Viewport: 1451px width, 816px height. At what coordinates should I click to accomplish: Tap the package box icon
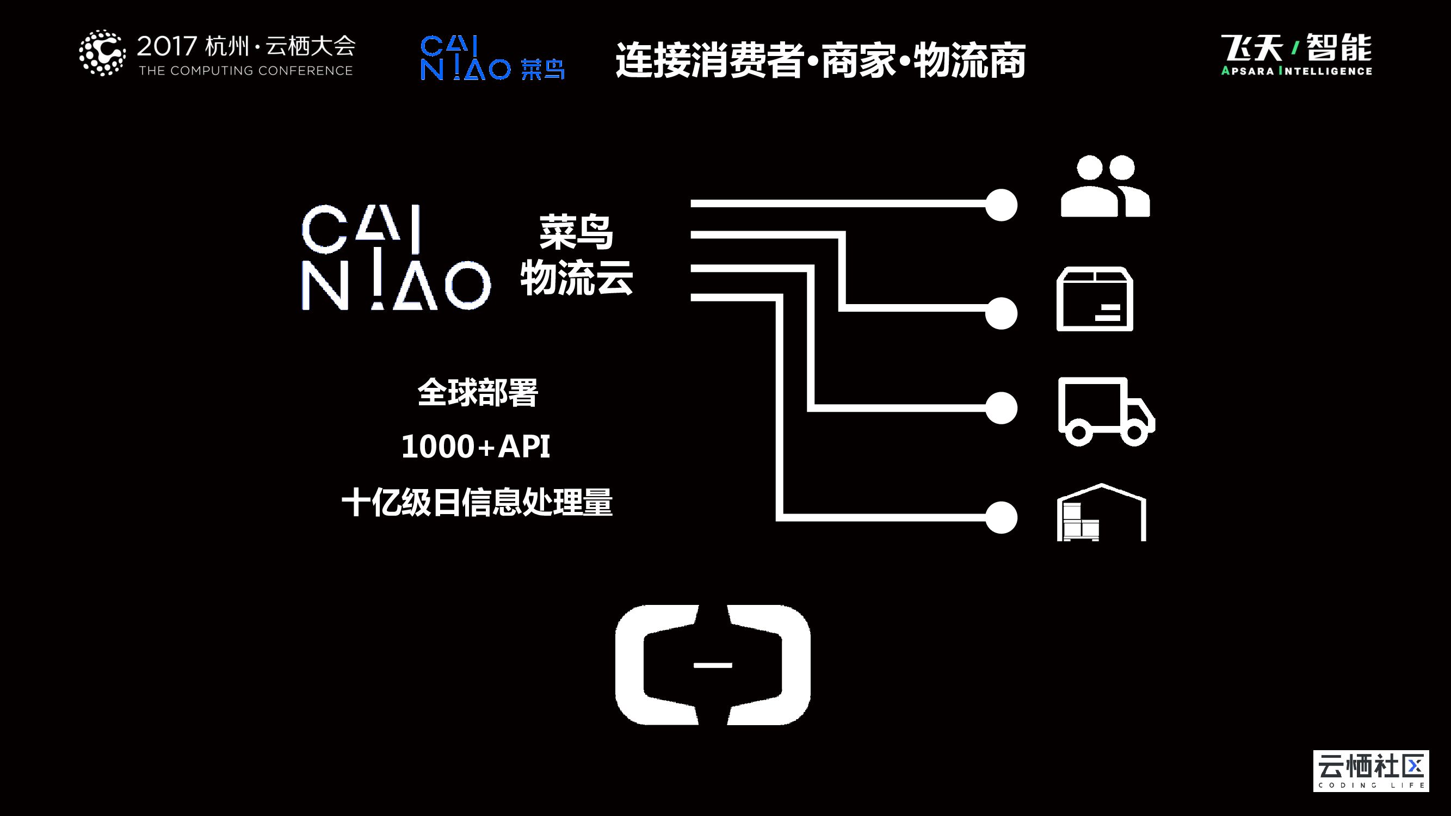click(x=1095, y=300)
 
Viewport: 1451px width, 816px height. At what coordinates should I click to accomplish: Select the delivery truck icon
click(x=1106, y=411)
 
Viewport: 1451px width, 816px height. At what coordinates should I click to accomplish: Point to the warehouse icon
click(x=1101, y=513)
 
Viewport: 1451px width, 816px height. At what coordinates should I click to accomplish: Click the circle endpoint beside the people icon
click(x=1001, y=205)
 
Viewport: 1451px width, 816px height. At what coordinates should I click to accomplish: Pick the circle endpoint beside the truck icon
click(x=1001, y=407)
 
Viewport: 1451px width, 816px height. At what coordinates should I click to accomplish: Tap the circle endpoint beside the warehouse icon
click(x=1001, y=517)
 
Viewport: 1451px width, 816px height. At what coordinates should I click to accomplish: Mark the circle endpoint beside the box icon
click(x=1001, y=313)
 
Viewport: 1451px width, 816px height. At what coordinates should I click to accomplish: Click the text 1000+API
click(x=476, y=447)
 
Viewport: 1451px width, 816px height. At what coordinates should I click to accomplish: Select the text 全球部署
click(x=478, y=393)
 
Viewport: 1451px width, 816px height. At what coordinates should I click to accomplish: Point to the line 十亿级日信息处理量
click(x=477, y=502)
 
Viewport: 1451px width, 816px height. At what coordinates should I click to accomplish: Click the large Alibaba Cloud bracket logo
click(x=713, y=665)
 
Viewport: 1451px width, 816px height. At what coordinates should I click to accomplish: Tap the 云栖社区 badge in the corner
click(x=1370, y=770)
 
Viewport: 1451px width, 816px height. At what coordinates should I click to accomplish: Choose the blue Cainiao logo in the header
click(x=492, y=58)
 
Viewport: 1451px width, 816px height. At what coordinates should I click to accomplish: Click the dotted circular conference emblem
click(x=102, y=53)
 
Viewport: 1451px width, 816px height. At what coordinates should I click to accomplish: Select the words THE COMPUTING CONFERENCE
click(x=245, y=71)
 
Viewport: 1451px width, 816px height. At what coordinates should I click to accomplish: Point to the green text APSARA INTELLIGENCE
click(x=1296, y=71)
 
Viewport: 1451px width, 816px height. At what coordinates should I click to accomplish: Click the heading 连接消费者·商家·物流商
click(x=820, y=60)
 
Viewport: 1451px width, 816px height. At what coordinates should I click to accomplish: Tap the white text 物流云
click(x=576, y=277)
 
